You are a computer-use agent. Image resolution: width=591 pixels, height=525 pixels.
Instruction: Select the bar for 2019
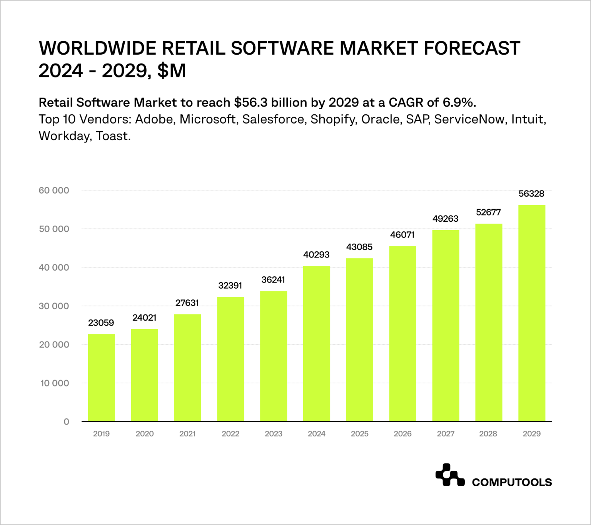coord(101,377)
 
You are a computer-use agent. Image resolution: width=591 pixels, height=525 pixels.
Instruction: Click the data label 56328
coord(531,194)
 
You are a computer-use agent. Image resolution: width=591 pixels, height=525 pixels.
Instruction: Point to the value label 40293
coord(316,255)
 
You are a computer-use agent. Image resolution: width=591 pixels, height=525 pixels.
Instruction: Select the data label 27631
coord(187,303)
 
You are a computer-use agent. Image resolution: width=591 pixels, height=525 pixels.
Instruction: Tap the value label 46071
coord(402,235)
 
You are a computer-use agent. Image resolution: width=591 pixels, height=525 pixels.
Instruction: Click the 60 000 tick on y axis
coord(54,191)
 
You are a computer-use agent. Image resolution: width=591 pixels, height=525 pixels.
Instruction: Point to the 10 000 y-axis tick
coord(55,383)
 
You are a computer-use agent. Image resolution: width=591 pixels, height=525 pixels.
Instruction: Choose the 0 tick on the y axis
coord(66,422)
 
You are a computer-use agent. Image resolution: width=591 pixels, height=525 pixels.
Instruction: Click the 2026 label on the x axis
coord(402,434)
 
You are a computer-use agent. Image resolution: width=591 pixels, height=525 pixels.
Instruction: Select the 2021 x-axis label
coord(187,434)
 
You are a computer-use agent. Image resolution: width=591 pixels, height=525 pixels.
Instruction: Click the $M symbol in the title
coord(172,71)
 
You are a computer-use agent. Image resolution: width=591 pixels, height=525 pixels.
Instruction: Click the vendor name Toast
coord(113,136)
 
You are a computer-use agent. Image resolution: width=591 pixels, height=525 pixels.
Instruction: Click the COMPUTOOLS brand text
coord(512,482)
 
